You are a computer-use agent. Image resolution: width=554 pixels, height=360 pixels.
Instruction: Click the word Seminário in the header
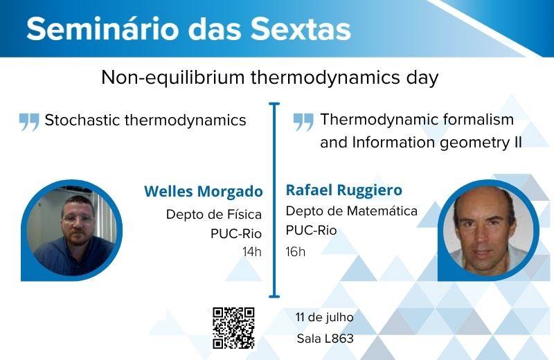[x=102, y=28]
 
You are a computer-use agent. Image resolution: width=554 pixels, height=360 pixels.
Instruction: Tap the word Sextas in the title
[x=301, y=28]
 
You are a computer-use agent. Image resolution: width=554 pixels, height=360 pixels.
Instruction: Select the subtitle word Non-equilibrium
[x=172, y=78]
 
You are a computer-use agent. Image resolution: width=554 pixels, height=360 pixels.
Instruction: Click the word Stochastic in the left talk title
[x=82, y=120]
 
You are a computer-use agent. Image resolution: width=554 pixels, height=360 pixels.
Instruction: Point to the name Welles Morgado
[x=204, y=192]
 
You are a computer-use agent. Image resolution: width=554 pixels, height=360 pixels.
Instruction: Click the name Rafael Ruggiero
[x=343, y=190]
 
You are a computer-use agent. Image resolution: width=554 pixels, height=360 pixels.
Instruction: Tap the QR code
[x=233, y=328]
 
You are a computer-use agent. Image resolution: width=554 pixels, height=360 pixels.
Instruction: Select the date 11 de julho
[x=324, y=317]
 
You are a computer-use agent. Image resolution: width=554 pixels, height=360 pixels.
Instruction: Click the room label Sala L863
[x=325, y=339]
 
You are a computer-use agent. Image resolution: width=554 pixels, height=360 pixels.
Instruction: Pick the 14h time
[x=252, y=252]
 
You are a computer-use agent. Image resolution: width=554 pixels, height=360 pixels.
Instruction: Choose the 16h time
[x=296, y=252]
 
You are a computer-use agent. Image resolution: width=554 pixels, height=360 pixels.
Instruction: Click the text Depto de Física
[x=214, y=215]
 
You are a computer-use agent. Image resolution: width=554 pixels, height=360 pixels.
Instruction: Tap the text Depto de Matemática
[x=352, y=211]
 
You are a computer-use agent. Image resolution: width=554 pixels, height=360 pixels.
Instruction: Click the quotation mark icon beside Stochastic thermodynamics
[x=29, y=122]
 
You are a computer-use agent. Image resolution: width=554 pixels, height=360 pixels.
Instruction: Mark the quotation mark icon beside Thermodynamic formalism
[x=303, y=122]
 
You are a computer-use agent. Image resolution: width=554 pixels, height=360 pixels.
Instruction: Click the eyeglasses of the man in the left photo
[x=78, y=219]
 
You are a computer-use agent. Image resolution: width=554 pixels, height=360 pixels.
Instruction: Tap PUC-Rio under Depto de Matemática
[x=311, y=231]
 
